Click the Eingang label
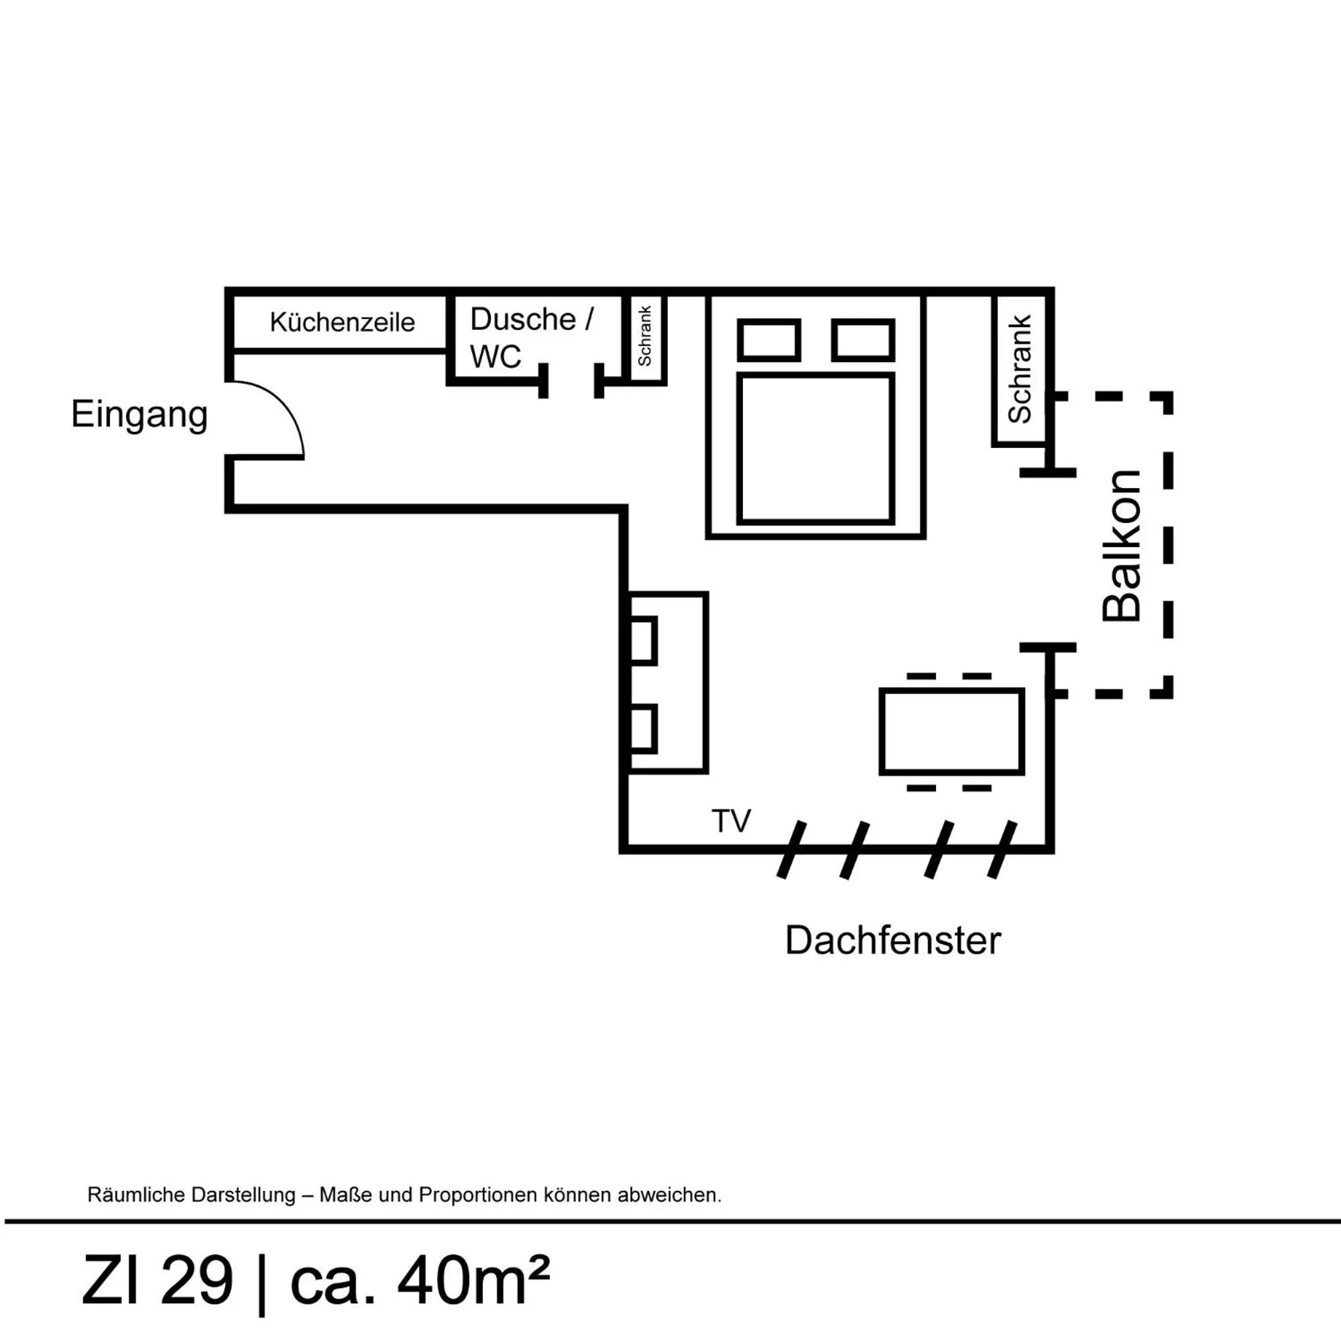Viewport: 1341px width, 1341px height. point(139,414)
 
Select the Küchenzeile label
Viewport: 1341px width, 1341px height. point(341,322)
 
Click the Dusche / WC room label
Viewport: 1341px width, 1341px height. point(531,337)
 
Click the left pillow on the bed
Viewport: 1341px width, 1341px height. point(768,340)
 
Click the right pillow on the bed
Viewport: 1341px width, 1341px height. point(863,340)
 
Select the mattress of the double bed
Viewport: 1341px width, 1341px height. point(815,449)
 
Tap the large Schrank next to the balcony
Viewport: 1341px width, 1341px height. point(1019,369)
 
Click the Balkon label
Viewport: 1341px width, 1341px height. point(1122,546)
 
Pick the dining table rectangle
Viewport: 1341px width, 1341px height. point(951,732)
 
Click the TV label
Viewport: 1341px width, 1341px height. point(731,821)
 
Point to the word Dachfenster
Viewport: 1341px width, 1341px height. point(892,941)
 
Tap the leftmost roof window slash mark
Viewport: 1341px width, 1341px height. point(791,850)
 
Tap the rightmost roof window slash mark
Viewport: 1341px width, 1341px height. point(1002,850)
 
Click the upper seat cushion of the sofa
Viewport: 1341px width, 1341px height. point(643,640)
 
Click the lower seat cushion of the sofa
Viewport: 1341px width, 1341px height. point(643,729)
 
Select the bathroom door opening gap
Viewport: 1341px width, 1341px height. point(571,382)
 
